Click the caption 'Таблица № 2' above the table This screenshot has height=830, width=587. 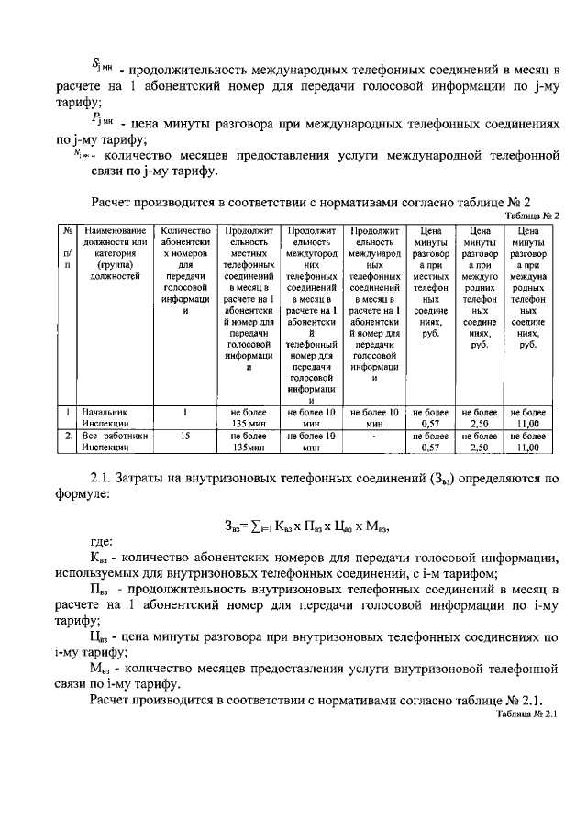(x=531, y=215)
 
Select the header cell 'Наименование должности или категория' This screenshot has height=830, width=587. (x=115, y=252)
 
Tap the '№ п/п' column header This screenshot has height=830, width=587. (x=68, y=248)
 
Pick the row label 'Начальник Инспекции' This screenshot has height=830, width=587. (x=108, y=419)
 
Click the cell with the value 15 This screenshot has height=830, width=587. (x=185, y=437)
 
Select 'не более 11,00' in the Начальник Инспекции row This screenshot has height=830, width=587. (x=527, y=419)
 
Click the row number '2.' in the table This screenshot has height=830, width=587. (x=68, y=437)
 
